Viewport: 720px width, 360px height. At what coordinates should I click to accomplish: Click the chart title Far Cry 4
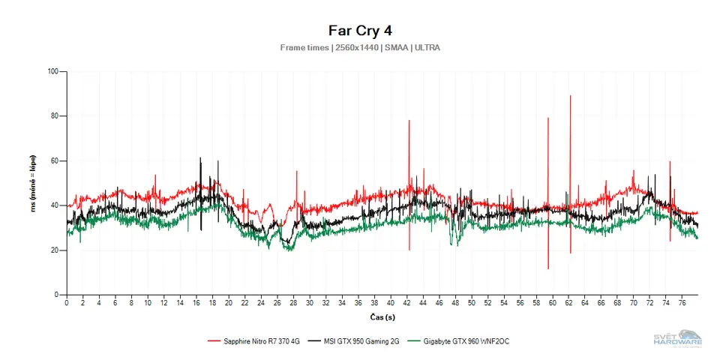pos(360,30)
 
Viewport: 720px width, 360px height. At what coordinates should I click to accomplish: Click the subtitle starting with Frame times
pos(360,47)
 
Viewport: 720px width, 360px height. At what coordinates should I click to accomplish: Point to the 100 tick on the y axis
pos(52,72)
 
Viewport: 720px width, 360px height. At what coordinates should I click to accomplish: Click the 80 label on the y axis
pos(54,116)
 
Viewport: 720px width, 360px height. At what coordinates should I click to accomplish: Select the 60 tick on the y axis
pos(54,161)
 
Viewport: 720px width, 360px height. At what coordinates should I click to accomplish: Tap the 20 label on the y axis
pos(54,250)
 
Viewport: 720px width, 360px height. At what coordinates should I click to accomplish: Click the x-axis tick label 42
pos(406,303)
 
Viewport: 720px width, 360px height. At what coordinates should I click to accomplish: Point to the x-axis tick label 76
pos(682,303)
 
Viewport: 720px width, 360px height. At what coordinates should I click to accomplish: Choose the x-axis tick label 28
pos(293,303)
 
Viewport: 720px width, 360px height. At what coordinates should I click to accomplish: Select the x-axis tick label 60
pos(552,303)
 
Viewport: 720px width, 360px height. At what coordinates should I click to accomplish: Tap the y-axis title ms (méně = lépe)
pos(33,182)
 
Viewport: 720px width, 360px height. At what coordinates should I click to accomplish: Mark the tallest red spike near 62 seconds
pos(571,97)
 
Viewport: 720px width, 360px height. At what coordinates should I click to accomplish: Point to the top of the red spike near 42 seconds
pos(409,121)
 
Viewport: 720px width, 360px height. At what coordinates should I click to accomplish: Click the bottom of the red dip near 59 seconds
pos(548,268)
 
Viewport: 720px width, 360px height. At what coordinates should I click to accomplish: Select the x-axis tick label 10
pos(148,303)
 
